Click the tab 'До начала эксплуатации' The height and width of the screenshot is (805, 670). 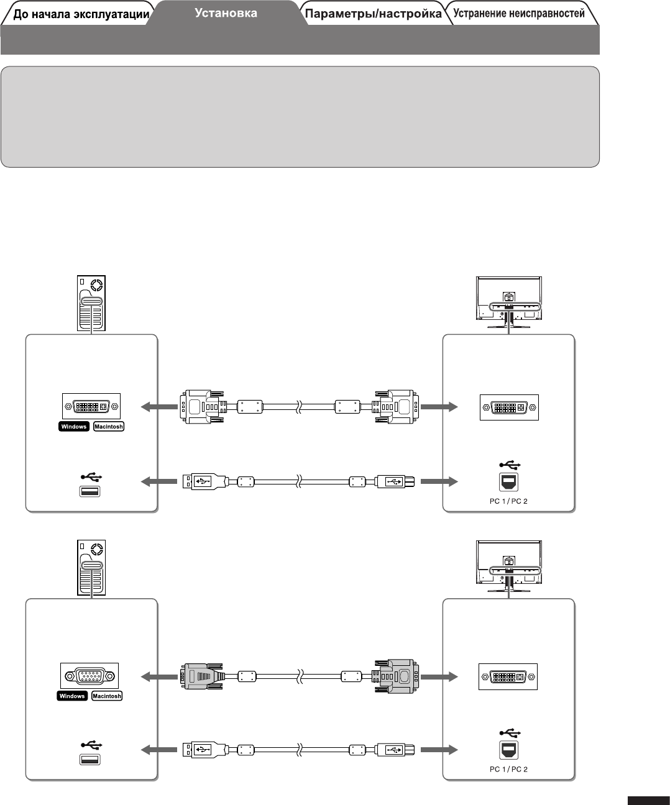(81, 14)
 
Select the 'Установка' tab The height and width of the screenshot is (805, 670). (226, 12)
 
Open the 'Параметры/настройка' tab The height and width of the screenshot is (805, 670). (374, 14)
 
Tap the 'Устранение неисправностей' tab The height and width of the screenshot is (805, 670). (519, 13)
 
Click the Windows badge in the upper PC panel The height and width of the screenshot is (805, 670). (74, 427)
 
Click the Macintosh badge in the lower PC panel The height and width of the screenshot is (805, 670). (107, 696)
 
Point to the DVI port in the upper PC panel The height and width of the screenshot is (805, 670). (91, 407)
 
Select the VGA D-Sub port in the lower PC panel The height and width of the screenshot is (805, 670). (89, 676)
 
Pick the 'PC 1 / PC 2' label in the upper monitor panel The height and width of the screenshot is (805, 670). (508, 501)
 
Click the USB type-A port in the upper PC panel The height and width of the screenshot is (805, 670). (91, 491)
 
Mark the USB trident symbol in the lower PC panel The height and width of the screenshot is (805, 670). (91, 744)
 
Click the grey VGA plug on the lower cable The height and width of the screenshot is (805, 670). (201, 676)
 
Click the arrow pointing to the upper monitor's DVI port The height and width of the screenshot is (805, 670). (439, 407)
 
